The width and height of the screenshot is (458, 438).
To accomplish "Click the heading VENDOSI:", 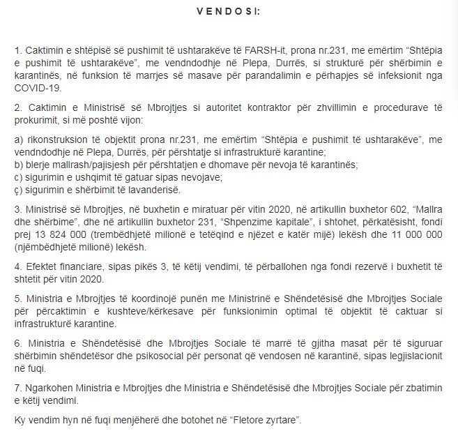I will (x=229, y=12).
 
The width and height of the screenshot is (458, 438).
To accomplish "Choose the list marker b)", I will (x=19, y=165).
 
